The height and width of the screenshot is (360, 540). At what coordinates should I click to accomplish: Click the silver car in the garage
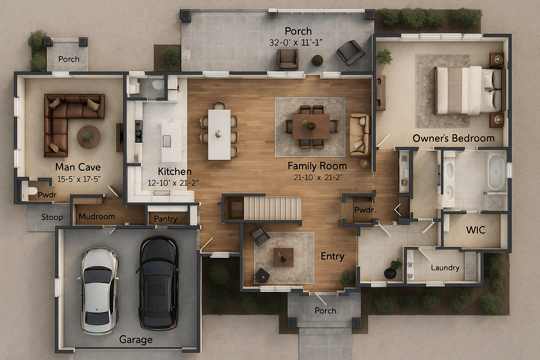[99, 291]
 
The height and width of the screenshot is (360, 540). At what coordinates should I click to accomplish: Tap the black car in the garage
[159, 283]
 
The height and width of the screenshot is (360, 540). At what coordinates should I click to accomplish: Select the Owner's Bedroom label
[454, 139]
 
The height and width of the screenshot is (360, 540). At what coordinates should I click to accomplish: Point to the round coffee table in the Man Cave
[89, 137]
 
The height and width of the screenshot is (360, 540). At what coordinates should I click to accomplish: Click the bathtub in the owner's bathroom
[496, 172]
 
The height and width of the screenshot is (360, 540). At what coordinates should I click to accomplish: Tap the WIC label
[476, 230]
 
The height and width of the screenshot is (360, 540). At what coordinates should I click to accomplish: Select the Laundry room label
[445, 268]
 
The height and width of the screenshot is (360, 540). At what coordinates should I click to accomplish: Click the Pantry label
[166, 219]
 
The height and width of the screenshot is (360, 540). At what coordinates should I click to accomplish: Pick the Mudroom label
[97, 217]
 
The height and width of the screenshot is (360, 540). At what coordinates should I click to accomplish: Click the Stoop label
[52, 217]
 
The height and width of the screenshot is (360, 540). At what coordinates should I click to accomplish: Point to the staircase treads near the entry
[273, 208]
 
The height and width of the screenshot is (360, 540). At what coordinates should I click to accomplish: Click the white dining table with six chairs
[219, 135]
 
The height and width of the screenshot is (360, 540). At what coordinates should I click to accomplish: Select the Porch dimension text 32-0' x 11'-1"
[296, 43]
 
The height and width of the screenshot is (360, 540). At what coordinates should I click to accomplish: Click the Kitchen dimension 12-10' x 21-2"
[173, 183]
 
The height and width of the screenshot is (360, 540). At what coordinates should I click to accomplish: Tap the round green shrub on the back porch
[317, 60]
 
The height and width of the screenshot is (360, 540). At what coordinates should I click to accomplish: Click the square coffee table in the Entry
[283, 258]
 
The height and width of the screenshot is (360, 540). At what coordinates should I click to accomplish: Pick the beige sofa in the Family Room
[360, 135]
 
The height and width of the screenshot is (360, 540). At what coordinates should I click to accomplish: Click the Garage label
[136, 340]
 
